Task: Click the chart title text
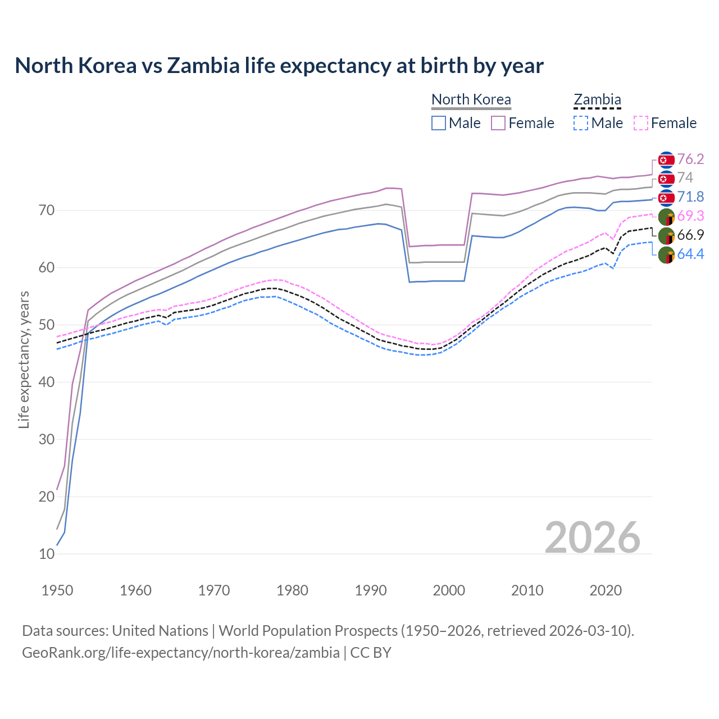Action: pyautogui.click(x=279, y=66)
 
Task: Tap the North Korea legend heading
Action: pyautogui.click(x=471, y=99)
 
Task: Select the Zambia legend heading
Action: pyautogui.click(x=597, y=99)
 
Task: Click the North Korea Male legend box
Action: pyautogui.click(x=439, y=123)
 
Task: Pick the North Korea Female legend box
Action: pyautogui.click(x=498, y=123)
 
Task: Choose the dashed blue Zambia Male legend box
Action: pyautogui.click(x=581, y=123)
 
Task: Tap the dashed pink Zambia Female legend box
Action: pyautogui.click(x=641, y=123)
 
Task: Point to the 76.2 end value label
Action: pyautogui.click(x=690, y=159)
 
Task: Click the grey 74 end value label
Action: pyautogui.click(x=685, y=178)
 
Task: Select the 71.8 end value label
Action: pyautogui.click(x=690, y=197)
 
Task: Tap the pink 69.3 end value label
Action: pyautogui.click(x=690, y=216)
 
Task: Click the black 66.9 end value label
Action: pyautogui.click(x=690, y=235)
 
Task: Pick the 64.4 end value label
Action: pyautogui.click(x=690, y=254)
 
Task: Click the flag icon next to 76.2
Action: pyautogui.click(x=666, y=160)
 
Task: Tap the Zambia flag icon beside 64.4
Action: pyautogui.click(x=666, y=254)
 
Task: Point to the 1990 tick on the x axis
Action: pyautogui.click(x=371, y=590)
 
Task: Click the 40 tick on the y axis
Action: pyautogui.click(x=47, y=382)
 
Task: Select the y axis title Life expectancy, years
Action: pyautogui.click(x=24, y=359)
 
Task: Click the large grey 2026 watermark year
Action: pyautogui.click(x=592, y=538)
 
